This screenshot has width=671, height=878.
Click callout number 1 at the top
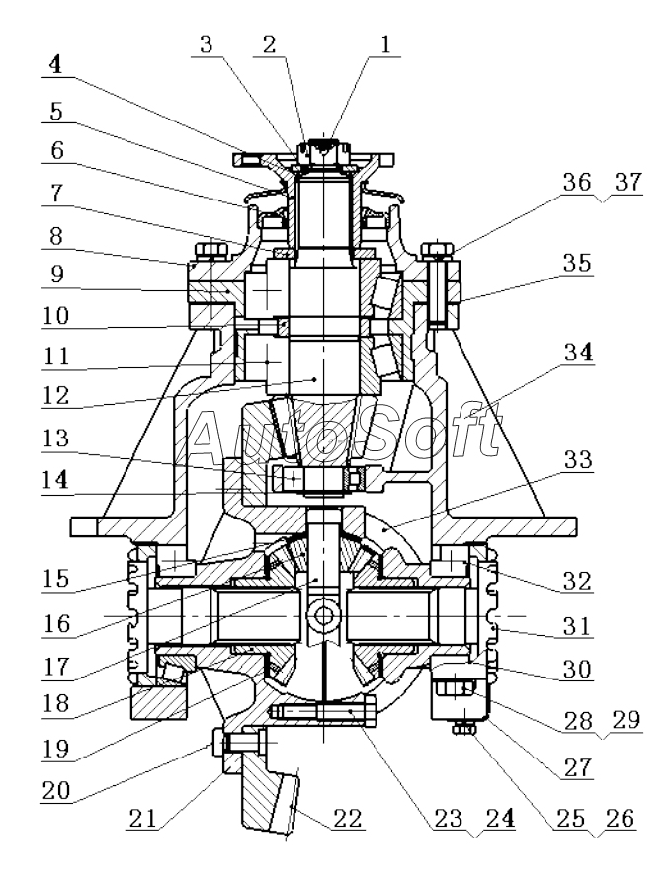[384, 44]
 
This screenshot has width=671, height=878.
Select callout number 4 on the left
[55, 65]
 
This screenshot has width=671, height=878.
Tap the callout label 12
[55, 396]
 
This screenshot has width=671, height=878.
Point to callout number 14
[55, 480]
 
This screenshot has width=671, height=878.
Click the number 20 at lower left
[56, 791]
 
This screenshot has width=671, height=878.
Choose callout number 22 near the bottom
[348, 819]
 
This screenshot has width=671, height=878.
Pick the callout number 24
[500, 819]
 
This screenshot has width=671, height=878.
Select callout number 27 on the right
[577, 767]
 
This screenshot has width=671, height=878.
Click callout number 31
[577, 625]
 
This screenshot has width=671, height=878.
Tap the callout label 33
[577, 459]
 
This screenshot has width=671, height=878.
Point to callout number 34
[577, 353]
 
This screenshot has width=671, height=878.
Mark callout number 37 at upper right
[628, 182]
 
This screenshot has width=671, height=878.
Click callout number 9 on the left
[56, 274]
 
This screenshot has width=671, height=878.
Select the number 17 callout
[55, 667]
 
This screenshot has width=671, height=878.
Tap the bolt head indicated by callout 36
[437, 249]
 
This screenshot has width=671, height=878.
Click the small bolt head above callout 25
[464, 729]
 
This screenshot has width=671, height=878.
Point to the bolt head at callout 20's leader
[218, 743]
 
